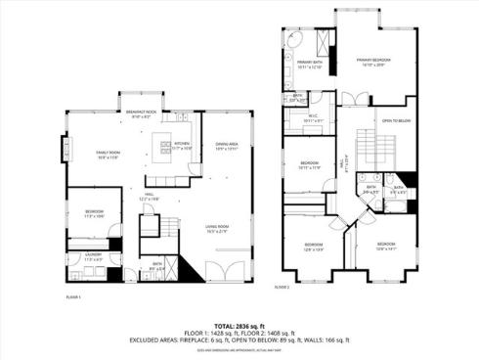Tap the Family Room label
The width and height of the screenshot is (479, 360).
coord(107,154)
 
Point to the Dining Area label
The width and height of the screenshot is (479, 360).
coord(227,146)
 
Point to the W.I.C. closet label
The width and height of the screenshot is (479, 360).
coord(314,120)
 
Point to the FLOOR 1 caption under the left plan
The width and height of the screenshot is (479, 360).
coord(73,295)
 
